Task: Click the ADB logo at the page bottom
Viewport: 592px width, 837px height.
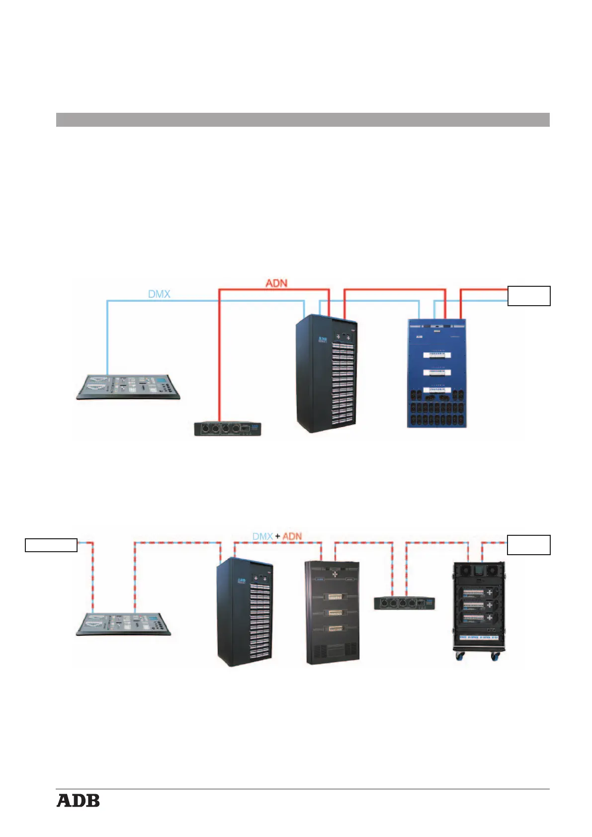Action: [78, 801]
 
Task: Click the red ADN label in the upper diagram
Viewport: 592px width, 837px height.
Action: [276, 283]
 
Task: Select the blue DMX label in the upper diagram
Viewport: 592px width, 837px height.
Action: [159, 294]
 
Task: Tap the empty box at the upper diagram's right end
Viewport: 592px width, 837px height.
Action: [528, 296]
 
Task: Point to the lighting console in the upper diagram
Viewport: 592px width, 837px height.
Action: [128, 387]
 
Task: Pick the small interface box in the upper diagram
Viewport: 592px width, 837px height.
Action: [227, 428]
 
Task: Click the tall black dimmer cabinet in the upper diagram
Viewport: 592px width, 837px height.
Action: [327, 374]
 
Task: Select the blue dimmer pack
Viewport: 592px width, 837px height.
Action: [437, 373]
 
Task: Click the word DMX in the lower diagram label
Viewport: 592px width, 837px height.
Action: [262, 536]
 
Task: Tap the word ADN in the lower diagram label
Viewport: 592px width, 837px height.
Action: [292, 536]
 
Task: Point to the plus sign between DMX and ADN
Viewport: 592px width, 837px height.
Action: [277, 536]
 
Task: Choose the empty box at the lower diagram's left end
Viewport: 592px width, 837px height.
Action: [51, 545]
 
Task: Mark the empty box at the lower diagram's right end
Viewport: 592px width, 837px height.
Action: [528, 545]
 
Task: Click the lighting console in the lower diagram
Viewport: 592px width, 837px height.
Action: [123, 624]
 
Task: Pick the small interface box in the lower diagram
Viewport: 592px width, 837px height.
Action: [404, 603]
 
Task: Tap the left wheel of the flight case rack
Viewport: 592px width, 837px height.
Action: [460, 657]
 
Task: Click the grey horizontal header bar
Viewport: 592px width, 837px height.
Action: [302, 120]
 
